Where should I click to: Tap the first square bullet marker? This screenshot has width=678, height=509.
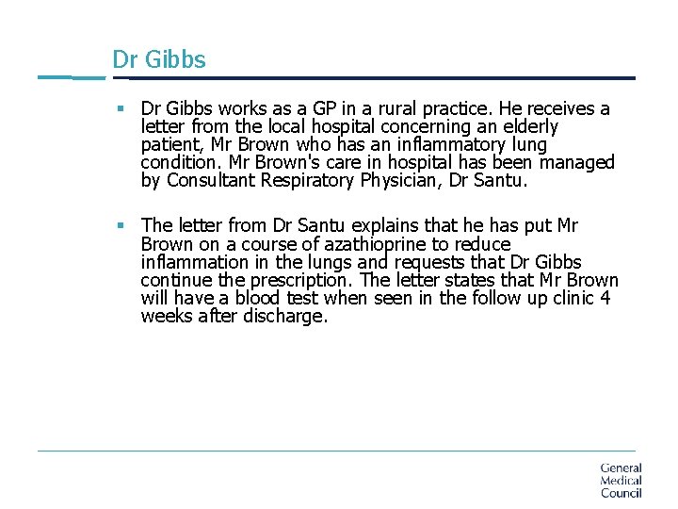121,109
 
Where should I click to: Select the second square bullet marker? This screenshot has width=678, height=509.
121,225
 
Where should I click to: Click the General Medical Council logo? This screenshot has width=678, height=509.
621,480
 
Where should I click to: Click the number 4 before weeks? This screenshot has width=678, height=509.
605,298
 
